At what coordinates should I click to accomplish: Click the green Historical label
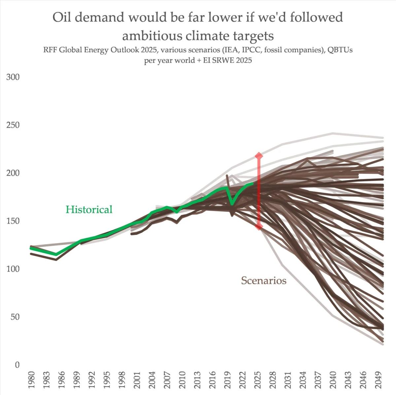coord(89,210)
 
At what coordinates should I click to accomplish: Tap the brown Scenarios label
coord(263,280)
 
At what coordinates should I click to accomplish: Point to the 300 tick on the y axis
coord(13,77)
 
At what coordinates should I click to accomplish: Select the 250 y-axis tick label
coord(13,125)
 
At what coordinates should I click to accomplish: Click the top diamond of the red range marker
coord(259,155)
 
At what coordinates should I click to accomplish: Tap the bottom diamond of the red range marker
coord(259,227)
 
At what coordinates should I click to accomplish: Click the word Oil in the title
coord(62,17)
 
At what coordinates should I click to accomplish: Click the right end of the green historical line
coord(253,183)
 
